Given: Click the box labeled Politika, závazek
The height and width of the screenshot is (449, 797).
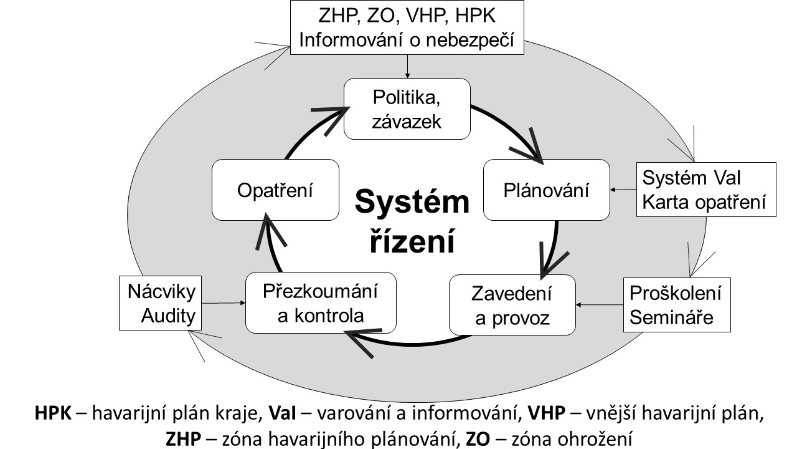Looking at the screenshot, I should coord(407,109).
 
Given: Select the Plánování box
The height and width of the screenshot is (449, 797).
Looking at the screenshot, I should coord(546,190).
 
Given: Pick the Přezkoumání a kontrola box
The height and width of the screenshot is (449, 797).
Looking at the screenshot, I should coord(321,302).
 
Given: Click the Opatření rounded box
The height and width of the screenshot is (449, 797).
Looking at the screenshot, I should coord(275,190).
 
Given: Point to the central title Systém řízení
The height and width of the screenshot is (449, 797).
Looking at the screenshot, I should coord(412,220).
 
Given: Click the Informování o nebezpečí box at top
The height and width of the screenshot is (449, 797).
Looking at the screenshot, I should coord(407,27).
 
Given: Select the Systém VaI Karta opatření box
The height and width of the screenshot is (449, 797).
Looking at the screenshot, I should coord(706,190).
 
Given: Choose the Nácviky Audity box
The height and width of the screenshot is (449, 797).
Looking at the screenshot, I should coord(161,304).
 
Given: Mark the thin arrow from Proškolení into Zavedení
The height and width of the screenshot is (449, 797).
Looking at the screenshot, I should coord(600,306).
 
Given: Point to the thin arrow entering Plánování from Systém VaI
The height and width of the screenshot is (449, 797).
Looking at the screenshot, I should coord(623,190).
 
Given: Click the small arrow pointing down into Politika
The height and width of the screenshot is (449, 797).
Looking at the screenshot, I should coord(407,66).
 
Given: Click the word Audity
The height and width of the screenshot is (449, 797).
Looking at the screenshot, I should coord(168,317).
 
